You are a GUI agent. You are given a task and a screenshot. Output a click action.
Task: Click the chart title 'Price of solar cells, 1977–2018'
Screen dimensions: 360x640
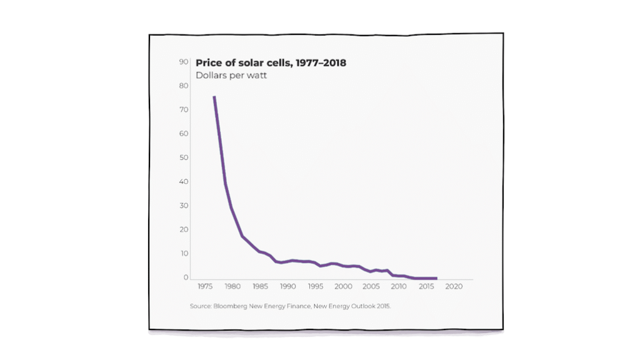tap(271, 62)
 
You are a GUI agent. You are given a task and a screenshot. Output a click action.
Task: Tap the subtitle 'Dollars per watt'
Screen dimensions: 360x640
tap(231, 76)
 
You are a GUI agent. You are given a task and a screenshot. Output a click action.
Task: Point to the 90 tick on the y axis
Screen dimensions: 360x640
tap(184, 62)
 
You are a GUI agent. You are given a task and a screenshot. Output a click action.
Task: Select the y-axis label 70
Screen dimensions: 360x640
tap(184, 110)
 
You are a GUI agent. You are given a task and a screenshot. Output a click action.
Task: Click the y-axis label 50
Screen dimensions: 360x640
tap(184, 157)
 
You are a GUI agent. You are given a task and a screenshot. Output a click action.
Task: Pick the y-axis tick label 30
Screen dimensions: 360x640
tap(184, 206)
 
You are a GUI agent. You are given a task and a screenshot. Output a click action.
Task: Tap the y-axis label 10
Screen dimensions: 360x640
tap(184, 253)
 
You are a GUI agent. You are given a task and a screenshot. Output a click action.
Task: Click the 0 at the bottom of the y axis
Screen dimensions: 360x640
tap(186, 277)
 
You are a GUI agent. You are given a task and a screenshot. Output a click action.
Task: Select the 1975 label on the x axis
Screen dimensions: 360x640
tap(204, 287)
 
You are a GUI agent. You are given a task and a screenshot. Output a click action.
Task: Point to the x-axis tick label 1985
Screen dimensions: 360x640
tap(259, 287)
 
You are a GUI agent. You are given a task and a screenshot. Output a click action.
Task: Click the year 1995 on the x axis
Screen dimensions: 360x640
tap(315, 287)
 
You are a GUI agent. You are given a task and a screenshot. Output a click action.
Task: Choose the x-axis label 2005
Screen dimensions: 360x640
tap(371, 287)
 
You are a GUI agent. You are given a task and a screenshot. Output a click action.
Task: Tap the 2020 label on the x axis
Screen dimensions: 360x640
tap(453, 287)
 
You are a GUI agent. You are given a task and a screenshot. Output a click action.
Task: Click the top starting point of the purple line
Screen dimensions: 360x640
tap(214, 97)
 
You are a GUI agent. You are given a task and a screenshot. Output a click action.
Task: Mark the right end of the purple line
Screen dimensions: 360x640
tap(436, 278)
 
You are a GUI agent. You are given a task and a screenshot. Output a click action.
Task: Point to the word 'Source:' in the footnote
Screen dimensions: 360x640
tap(201, 306)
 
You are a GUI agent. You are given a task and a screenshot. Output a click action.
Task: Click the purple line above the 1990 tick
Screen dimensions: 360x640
tap(287, 261)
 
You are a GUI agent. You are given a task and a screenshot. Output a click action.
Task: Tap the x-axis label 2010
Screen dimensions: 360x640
tap(398, 287)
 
